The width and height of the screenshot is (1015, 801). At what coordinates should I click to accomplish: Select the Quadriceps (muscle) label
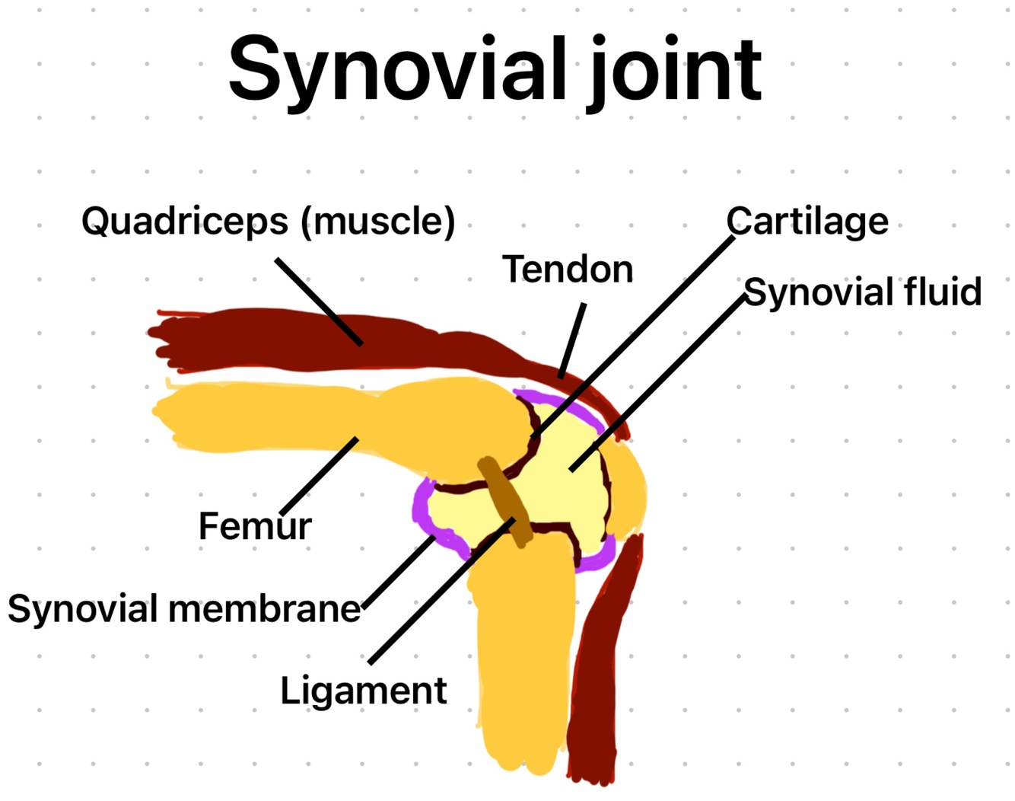click(x=268, y=221)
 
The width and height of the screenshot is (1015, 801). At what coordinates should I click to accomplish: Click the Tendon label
click(x=568, y=270)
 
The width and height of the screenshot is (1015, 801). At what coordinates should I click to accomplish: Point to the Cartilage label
click(x=807, y=222)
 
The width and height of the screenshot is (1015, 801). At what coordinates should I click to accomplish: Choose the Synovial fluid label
click(x=863, y=292)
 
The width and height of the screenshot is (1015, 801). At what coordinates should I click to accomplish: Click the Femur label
click(x=255, y=526)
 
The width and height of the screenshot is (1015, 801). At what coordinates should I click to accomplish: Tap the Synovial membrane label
click(x=184, y=609)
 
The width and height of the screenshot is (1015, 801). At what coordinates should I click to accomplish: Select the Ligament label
click(x=364, y=691)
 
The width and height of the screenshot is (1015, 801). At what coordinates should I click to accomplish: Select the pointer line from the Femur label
click(x=320, y=476)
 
